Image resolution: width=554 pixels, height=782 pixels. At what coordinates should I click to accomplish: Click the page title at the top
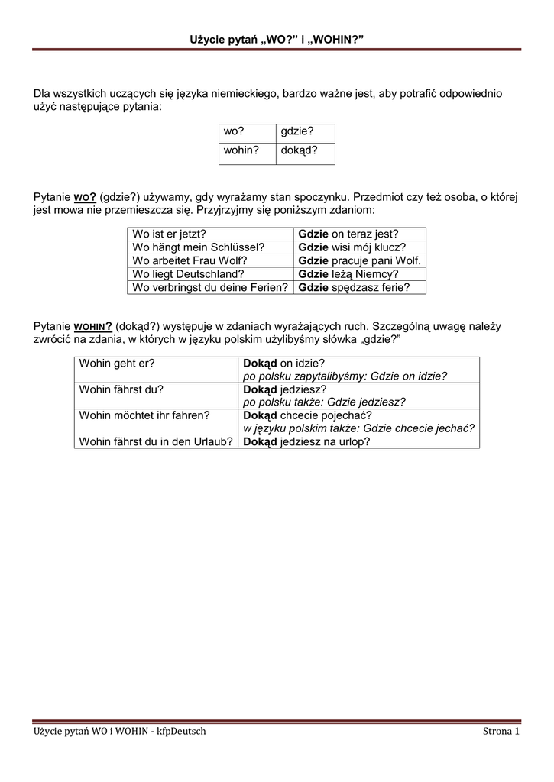tap(277, 39)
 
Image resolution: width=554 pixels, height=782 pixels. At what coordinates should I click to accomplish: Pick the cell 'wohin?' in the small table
tap(238, 150)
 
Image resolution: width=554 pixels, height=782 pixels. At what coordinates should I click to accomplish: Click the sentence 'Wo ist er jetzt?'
tap(170, 234)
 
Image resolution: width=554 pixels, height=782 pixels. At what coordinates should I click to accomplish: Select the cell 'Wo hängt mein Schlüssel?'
tap(198, 247)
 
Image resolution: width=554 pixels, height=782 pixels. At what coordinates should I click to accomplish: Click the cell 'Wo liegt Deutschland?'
tap(188, 274)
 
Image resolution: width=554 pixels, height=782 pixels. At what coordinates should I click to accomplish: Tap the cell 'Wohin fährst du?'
tap(121, 389)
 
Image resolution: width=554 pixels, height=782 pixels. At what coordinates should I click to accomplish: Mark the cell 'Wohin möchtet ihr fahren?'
tap(144, 415)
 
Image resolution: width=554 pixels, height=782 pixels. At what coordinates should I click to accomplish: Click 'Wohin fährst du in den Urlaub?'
tap(156, 441)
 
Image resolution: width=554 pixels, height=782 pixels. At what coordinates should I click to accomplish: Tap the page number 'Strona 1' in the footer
tap(501, 732)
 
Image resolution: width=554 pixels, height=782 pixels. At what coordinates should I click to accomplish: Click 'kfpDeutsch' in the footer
tap(181, 732)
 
